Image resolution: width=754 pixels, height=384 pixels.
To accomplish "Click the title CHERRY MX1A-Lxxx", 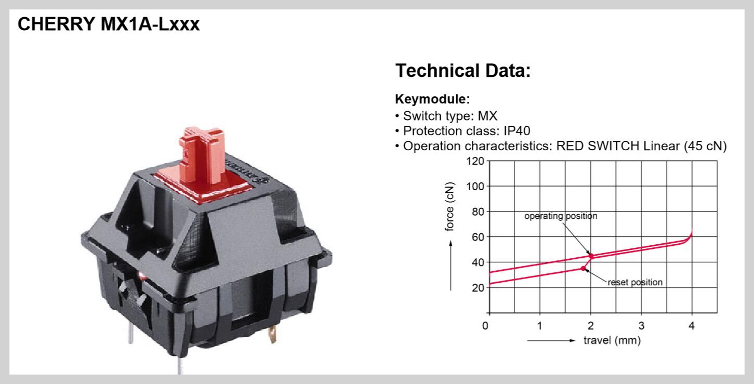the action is (x=109, y=24).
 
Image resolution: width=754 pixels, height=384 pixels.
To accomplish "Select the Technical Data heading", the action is (x=463, y=71).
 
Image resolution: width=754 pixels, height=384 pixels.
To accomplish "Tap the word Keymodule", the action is (x=431, y=99).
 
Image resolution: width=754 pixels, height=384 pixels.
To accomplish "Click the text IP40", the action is (x=517, y=130).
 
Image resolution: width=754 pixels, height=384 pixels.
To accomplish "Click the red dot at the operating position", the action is (x=591, y=256).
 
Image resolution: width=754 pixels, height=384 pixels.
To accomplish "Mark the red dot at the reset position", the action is (x=584, y=268).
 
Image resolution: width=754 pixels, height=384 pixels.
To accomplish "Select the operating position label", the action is (x=561, y=216).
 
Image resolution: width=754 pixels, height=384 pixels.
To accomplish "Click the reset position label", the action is (x=635, y=282).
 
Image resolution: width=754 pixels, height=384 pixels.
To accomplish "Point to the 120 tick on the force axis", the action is (x=475, y=161).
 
